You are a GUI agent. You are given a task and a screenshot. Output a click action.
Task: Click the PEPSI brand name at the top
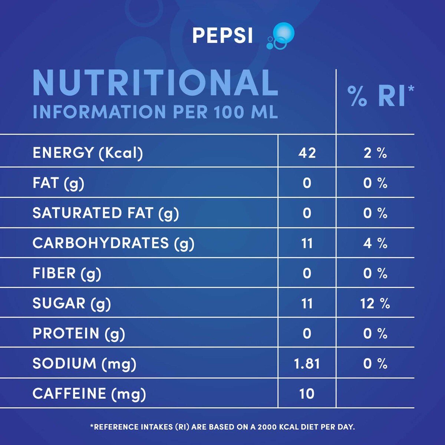pos(222,36)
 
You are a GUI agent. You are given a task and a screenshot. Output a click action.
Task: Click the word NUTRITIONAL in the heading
pos(155,83)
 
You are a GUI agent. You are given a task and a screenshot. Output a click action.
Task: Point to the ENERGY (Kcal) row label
pos(88,153)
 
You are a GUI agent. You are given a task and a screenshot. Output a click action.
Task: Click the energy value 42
pos(307,153)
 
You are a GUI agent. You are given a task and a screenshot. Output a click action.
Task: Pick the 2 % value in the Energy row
pos(375,153)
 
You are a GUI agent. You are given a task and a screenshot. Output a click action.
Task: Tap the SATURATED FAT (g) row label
pos(106,213)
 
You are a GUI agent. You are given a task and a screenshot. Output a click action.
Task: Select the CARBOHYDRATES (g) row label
pos(113,243)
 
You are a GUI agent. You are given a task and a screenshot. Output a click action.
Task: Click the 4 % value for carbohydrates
pos(375,243)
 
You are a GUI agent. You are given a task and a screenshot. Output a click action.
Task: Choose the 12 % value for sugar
pos(375,304)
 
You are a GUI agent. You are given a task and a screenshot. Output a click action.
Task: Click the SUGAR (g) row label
pos(72,304)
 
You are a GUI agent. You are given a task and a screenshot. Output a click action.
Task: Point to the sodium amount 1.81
pos(307,364)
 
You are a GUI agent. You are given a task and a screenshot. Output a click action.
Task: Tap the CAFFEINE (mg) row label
pos(89,394)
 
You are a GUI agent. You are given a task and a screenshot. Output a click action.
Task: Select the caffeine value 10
pos(307,394)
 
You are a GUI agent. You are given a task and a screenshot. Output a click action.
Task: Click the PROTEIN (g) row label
pos(79,334)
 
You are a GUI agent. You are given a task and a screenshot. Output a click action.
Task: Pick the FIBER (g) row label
pos(67,273)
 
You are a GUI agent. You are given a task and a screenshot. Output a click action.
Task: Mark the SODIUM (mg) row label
pos(84,364)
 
